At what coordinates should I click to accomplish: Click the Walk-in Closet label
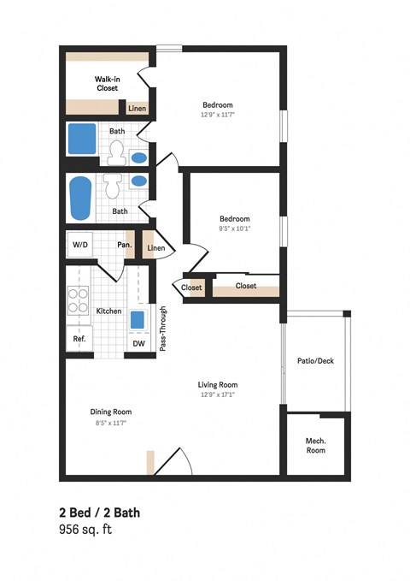pos(107,82)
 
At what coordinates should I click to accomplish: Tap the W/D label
pos(80,245)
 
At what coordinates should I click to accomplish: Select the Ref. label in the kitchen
pos(79,338)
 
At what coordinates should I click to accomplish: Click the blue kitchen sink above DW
pos(138,321)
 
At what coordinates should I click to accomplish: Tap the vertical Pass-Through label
pos(162,329)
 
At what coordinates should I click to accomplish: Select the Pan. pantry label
pos(124,245)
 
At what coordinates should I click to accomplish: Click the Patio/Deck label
pos(315,360)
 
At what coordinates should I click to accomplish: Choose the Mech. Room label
pos(317,445)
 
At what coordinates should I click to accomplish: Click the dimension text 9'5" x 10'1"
pos(235,228)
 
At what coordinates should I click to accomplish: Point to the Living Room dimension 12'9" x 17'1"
pos(218,395)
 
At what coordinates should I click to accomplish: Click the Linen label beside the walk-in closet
pos(137,109)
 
